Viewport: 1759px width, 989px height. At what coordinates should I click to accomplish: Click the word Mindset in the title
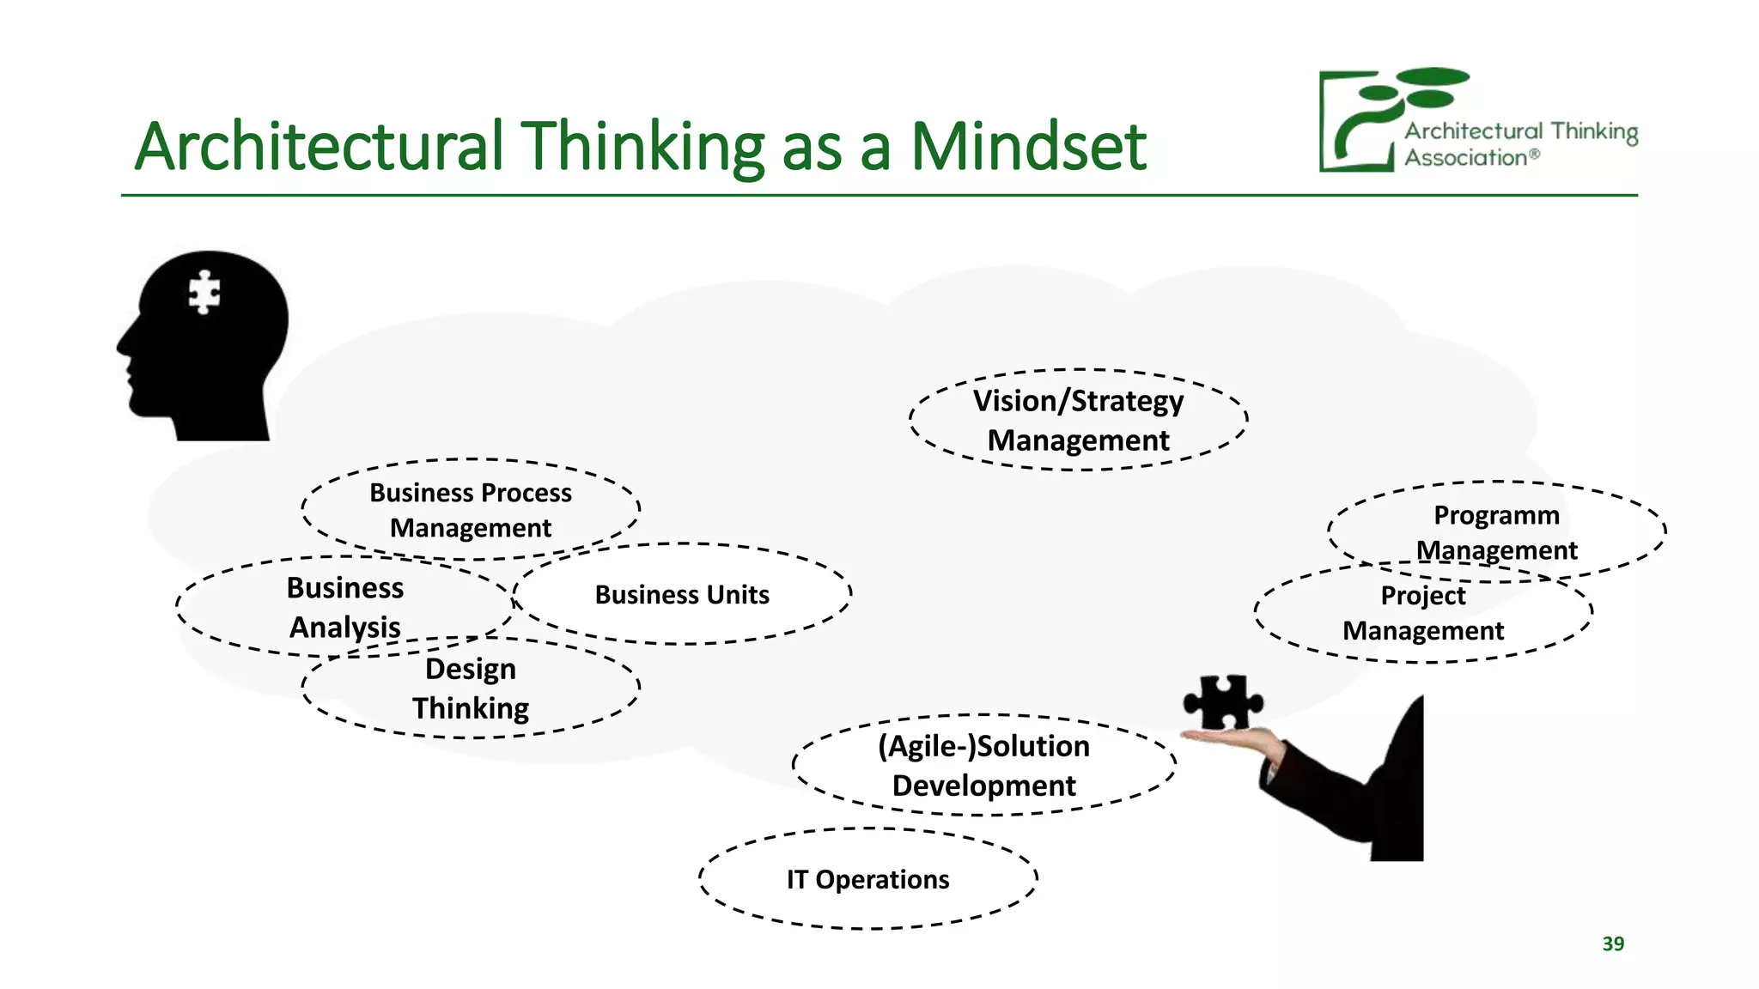1028,147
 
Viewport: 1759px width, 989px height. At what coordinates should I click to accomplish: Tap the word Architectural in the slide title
319,147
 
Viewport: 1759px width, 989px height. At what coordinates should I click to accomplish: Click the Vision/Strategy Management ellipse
1078,420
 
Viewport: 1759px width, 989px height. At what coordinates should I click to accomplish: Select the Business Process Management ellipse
471,510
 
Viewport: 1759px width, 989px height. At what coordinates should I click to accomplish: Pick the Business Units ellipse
682,594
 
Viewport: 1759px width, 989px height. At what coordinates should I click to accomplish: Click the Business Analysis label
344,607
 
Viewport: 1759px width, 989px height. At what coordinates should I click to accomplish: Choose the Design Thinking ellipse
471,689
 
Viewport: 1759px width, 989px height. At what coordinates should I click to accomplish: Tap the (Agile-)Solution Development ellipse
983,765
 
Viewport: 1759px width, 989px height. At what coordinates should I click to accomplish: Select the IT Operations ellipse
867,879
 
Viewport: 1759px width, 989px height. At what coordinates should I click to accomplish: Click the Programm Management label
1496,532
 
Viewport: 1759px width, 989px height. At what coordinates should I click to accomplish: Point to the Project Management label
1423,613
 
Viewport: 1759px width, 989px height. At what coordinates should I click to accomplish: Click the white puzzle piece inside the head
204,293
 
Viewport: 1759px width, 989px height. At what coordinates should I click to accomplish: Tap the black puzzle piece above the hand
1222,701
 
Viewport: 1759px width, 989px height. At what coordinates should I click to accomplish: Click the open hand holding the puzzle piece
1233,738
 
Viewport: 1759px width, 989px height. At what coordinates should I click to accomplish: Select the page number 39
1613,943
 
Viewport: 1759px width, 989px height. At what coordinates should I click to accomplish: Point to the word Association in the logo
1465,158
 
